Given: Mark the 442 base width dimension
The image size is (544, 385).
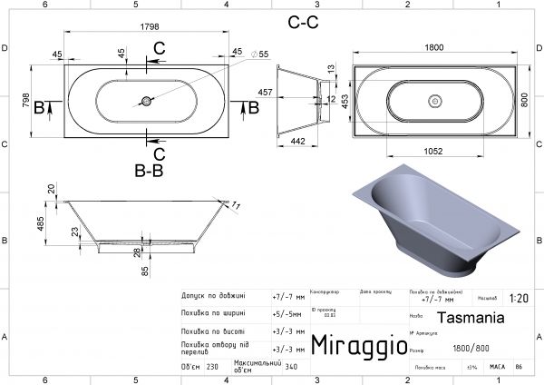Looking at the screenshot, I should [x=296, y=141].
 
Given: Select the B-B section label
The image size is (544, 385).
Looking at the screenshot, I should [x=148, y=168].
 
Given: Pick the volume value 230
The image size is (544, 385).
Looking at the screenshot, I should [x=213, y=368].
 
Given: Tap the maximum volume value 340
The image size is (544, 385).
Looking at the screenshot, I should [x=291, y=368].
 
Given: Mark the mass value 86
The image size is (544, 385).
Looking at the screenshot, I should [x=518, y=367].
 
